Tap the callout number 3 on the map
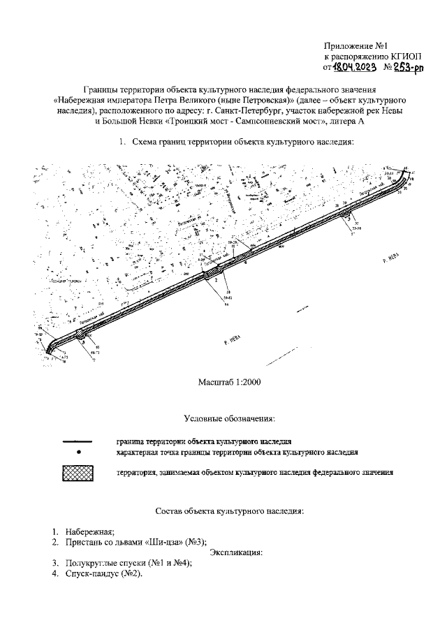point(349,218)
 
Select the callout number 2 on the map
point(216,279)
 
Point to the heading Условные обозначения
point(229,419)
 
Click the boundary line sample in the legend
point(78,442)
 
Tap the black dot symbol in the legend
point(79,453)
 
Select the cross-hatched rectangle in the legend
point(78,473)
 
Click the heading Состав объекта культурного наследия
point(229,511)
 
